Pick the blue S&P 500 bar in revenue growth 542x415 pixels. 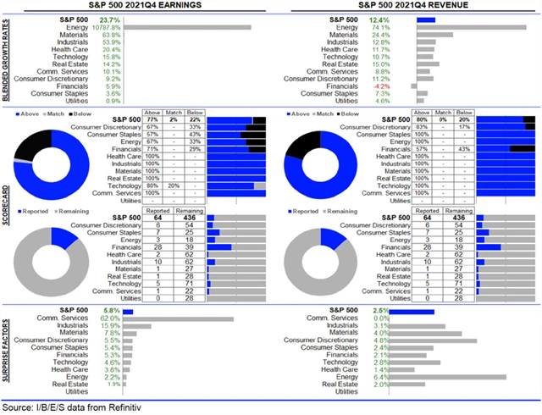pyautogui.click(x=426, y=19)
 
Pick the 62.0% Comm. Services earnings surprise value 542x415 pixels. pyautogui.click(x=110, y=318)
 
